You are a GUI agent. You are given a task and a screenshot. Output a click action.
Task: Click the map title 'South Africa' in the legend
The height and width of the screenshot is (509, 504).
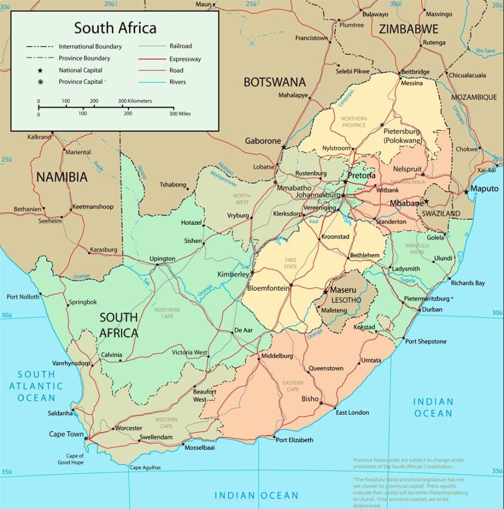[x=115, y=27]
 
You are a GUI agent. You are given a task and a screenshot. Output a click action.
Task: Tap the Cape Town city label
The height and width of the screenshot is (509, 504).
[x=66, y=434]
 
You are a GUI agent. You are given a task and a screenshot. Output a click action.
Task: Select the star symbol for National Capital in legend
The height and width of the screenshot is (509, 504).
[x=40, y=70]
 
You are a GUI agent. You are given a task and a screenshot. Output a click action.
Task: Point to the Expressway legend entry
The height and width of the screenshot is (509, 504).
[x=185, y=59]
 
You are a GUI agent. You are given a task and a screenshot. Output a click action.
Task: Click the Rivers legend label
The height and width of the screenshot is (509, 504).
[x=178, y=82]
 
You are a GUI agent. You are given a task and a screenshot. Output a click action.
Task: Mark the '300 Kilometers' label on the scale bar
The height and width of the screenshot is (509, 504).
[x=135, y=101]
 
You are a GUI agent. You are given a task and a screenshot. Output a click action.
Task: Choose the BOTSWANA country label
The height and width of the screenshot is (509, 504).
[x=274, y=82]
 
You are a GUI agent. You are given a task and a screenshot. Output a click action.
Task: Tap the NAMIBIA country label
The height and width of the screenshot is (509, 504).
[x=62, y=178]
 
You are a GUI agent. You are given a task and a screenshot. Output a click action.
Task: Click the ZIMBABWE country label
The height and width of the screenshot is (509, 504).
[x=408, y=29]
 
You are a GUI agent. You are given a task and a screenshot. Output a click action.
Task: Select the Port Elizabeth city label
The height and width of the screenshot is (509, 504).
[x=294, y=440]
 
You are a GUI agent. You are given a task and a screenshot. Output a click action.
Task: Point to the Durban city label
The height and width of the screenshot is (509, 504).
[x=432, y=309]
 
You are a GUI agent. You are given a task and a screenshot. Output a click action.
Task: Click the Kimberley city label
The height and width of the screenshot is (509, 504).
[x=233, y=274]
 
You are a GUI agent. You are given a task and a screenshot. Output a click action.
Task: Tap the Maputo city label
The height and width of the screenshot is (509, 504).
[x=484, y=188]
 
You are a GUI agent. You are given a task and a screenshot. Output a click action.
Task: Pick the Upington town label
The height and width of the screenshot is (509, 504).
[x=162, y=258]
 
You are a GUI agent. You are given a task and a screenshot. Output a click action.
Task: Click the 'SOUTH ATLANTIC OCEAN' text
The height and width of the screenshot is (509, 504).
[x=36, y=386]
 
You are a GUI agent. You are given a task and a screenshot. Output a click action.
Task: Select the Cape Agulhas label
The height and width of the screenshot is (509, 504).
[x=145, y=468]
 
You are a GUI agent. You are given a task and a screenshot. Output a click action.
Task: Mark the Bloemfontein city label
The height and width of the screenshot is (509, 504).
[x=268, y=288]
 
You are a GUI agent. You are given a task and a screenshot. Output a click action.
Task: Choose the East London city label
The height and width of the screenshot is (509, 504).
[x=352, y=413]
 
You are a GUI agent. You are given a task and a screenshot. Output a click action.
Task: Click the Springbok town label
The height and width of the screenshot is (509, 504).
[x=82, y=302]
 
